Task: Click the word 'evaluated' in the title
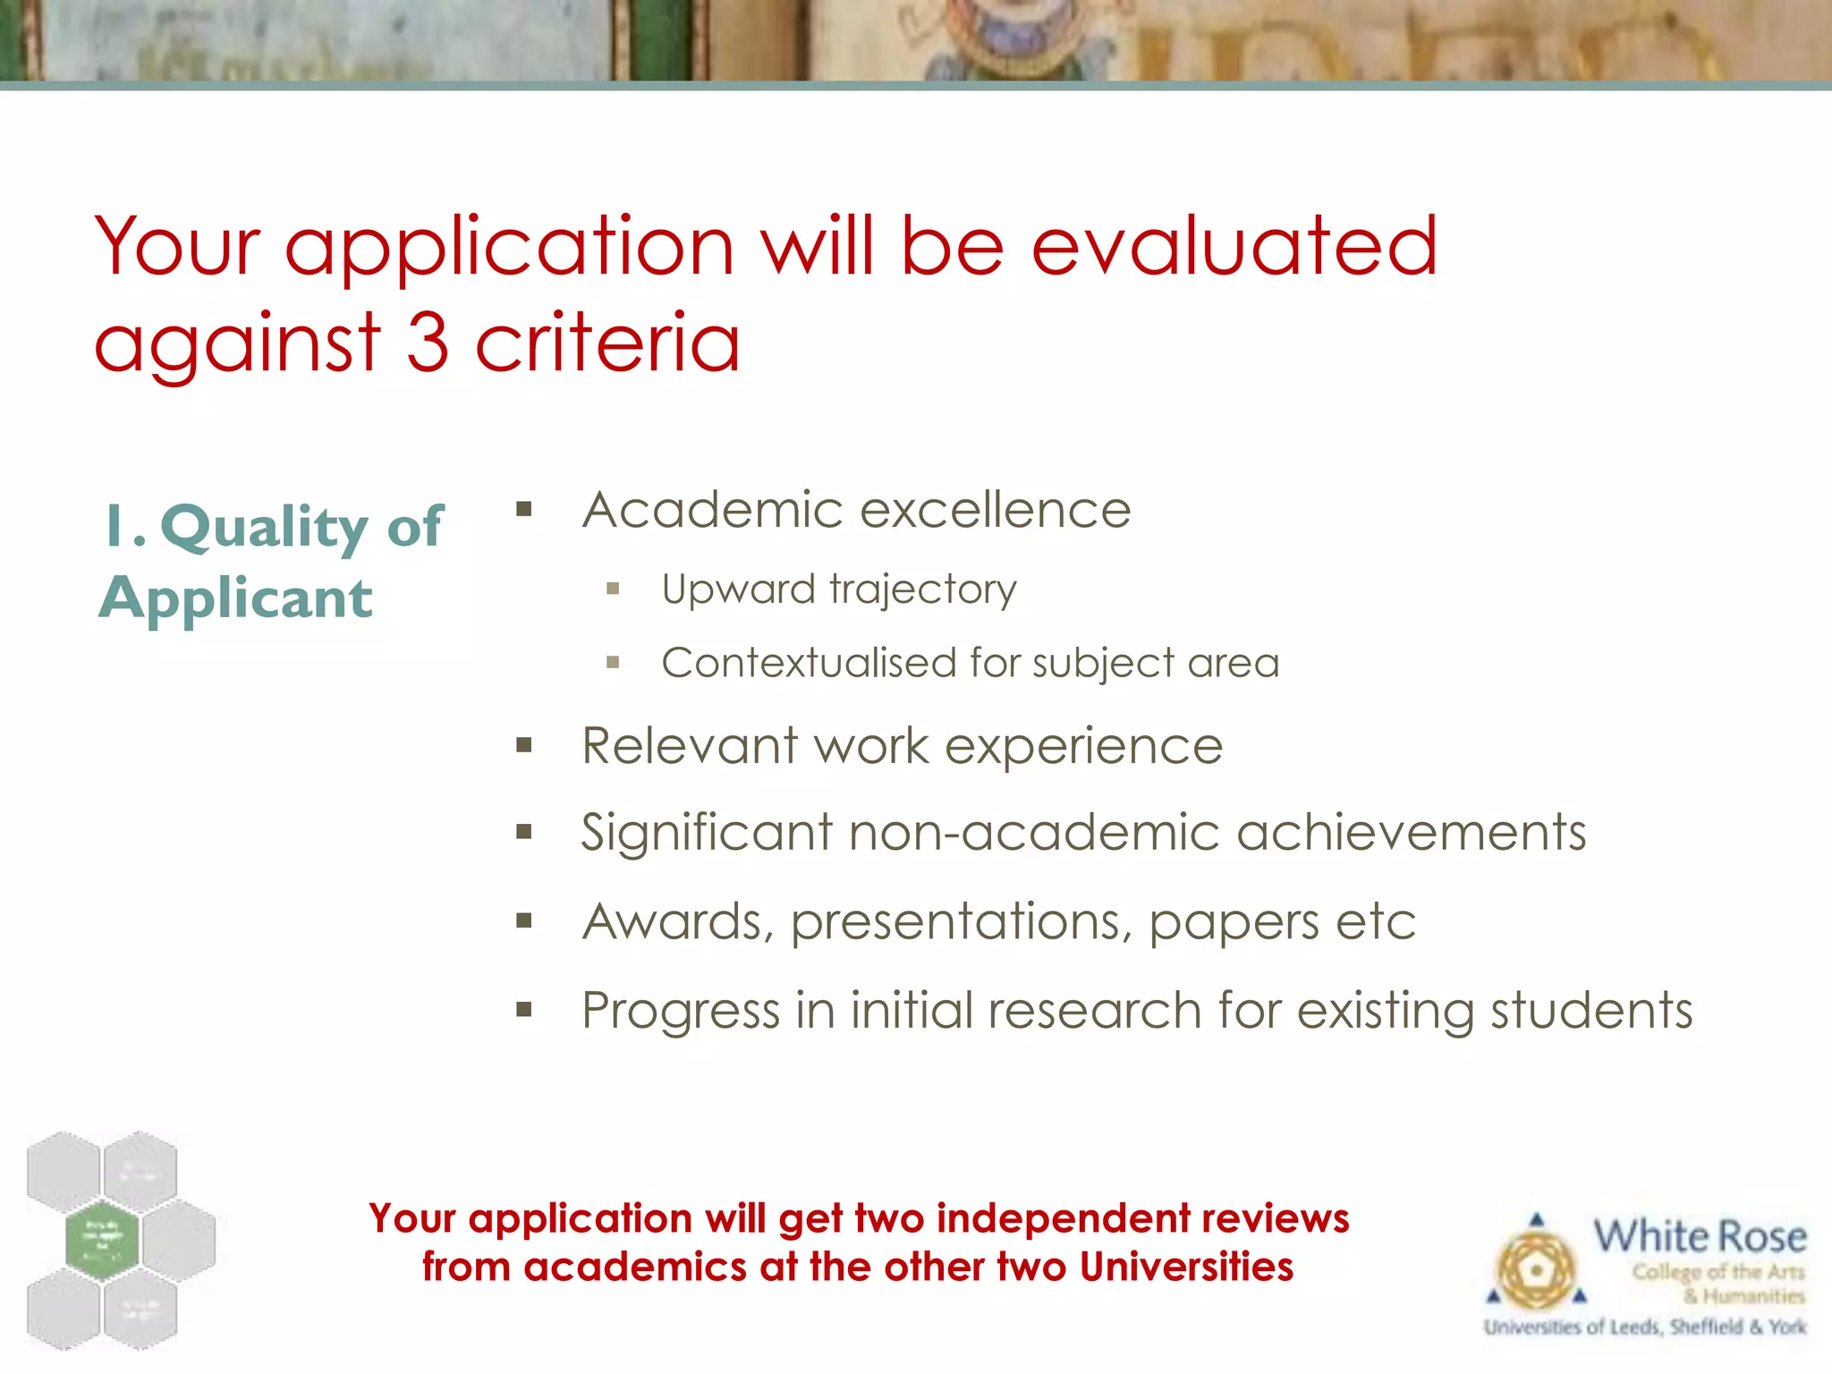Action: [x=1234, y=247]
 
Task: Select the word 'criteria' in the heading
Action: [x=607, y=343]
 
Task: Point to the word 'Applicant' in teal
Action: [x=236, y=598]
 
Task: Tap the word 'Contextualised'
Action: [x=809, y=664]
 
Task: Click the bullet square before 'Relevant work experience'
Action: [x=524, y=745]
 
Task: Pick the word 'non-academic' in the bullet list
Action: [x=1033, y=833]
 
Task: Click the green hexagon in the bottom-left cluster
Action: [x=102, y=1240]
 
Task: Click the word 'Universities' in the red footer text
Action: [x=1186, y=1268]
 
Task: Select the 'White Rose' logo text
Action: [x=1700, y=1237]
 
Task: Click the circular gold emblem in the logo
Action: [x=1536, y=1269]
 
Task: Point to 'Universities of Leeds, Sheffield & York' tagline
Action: [x=1644, y=1327]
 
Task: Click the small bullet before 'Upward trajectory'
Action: [x=613, y=589]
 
